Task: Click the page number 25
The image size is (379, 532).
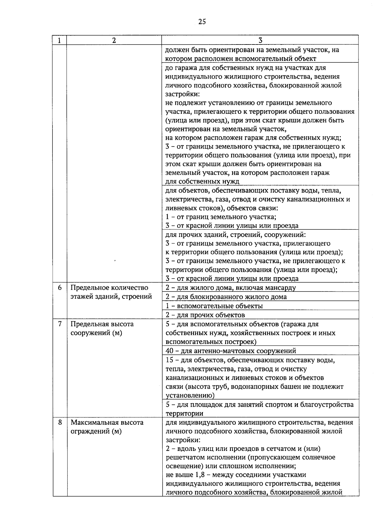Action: [202, 21]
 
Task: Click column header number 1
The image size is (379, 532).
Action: [59, 40]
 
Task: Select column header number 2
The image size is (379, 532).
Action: [114, 40]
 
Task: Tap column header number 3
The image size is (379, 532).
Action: [260, 40]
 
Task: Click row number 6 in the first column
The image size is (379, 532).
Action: [60, 288]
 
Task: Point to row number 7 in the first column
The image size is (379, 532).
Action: [60, 324]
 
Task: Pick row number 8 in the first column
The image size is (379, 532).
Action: [60, 423]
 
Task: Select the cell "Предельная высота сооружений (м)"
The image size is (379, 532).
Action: [102, 328]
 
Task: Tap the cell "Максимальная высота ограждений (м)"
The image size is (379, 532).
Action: [107, 427]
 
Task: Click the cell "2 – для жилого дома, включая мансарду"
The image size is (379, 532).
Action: [231, 288]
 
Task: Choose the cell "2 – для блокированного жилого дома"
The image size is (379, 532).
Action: [226, 297]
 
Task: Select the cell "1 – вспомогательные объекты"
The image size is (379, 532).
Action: [214, 306]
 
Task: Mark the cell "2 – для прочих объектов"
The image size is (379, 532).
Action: [205, 315]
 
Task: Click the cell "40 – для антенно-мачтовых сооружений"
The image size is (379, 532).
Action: [231, 351]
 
